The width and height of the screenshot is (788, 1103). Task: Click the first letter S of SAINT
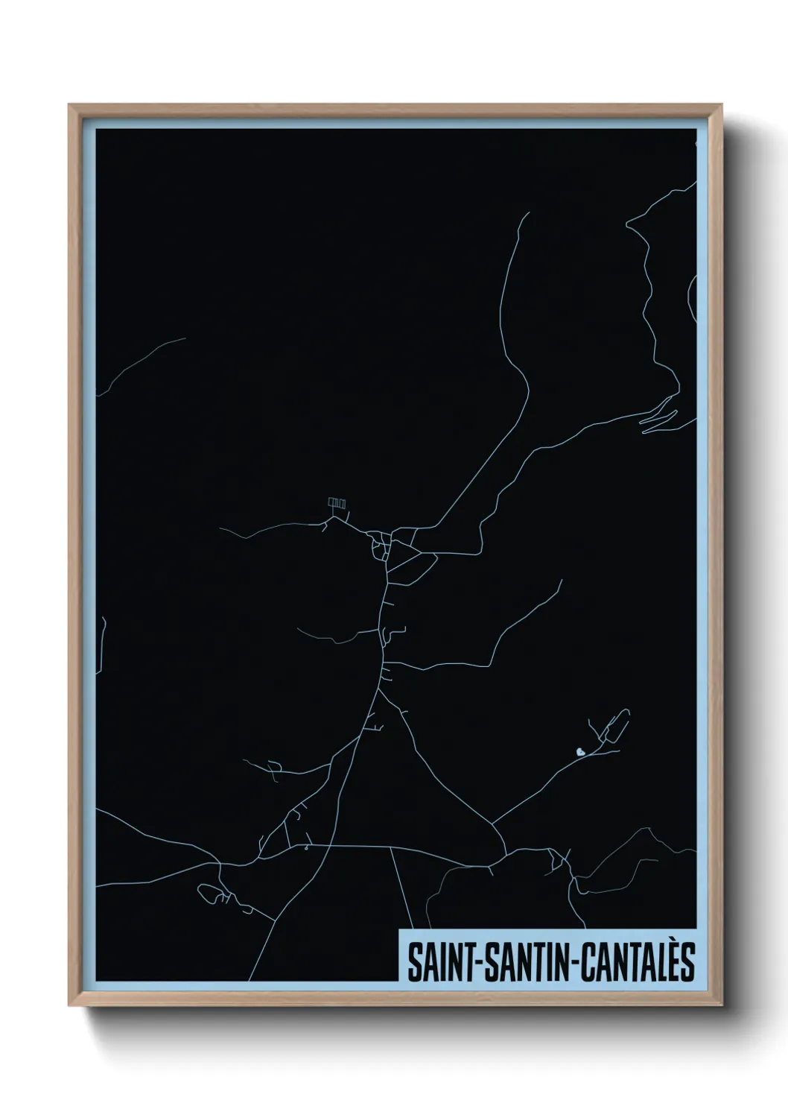click(413, 963)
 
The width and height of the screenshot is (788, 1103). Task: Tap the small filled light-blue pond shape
click(579, 752)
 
